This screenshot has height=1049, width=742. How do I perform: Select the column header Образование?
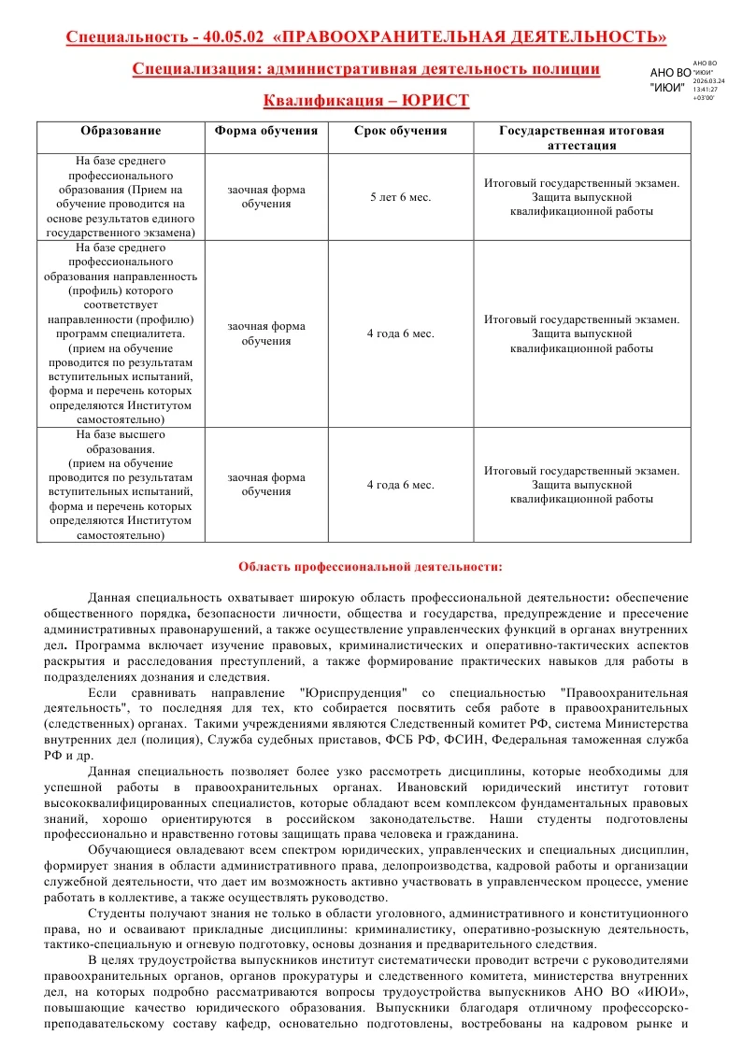(x=121, y=132)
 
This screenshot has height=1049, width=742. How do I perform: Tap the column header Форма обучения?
(x=266, y=132)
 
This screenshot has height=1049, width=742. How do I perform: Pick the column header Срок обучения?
(x=400, y=132)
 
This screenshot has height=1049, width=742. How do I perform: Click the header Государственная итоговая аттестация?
(x=581, y=138)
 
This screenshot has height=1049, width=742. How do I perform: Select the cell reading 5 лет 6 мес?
(x=400, y=197)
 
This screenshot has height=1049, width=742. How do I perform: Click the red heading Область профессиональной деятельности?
(x=370, y=566)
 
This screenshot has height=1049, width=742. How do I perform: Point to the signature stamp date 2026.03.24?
(x=708, y=81)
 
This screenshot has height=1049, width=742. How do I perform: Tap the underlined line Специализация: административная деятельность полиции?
(x=366, y=68)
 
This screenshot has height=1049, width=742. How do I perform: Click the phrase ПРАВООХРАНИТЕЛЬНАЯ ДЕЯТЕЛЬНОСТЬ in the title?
(x=474, y=37)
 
